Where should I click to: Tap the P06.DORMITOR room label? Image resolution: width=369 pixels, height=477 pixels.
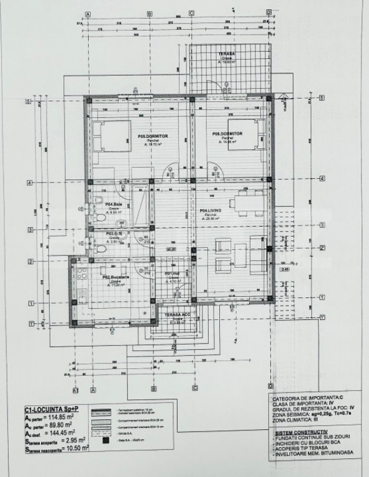[x=227, y=134]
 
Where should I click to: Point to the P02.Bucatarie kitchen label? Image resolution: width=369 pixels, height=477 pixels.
[x=115, y=278]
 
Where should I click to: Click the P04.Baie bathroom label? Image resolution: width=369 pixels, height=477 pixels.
[x=113, y=204]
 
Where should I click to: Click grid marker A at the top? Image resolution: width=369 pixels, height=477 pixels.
[x=88, y=13]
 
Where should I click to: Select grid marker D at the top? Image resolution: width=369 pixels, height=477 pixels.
[x=268, y=12]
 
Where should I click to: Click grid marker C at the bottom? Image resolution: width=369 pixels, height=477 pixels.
[x=194, y=389]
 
